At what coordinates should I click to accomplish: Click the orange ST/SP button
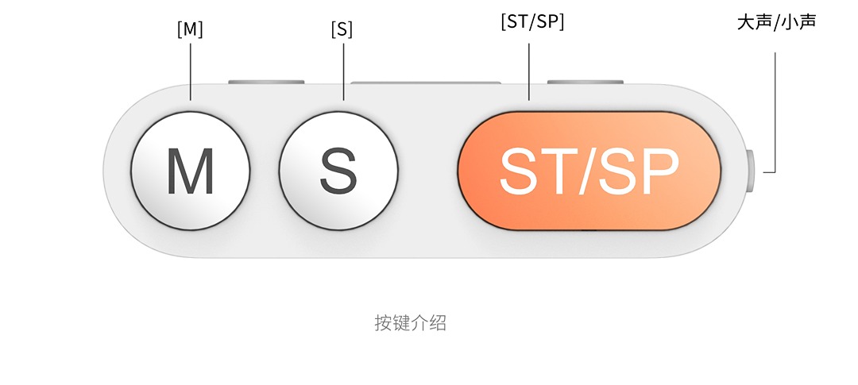[589, 171]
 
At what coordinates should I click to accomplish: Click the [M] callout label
[190, 29]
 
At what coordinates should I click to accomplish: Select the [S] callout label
[342, 29]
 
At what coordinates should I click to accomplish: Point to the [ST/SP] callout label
[532, 22]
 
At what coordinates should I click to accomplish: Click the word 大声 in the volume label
[755, 21]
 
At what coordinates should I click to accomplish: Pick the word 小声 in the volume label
[798, 21]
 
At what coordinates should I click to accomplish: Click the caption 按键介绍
[410, 323]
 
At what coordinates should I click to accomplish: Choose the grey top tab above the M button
[266, 82]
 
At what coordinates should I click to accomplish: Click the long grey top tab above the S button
[425, 82]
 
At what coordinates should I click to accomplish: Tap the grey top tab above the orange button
[586, 82]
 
